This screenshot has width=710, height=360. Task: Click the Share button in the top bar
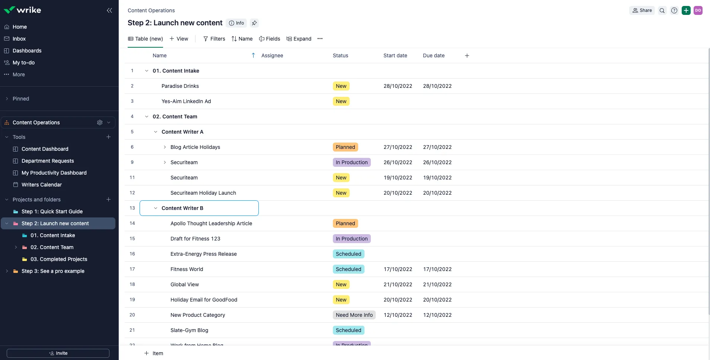coord(642,10)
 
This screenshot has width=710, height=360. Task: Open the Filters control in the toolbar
coord(214,39)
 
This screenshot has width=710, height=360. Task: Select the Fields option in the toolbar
coord(270,39)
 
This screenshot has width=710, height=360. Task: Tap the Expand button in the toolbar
coord(299,39)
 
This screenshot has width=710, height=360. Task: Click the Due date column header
coord(434,55)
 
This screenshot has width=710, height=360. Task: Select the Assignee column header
coord(272,55)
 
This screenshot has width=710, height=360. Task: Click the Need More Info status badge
coord(354,315)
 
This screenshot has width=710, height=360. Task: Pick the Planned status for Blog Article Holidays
coord(346,147)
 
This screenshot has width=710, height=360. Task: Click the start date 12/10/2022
coord(398,315)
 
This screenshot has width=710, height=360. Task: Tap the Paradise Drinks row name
coord(180,86)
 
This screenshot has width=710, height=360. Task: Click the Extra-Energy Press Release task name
coord(204,254)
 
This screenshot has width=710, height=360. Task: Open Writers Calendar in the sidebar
coord(42,185)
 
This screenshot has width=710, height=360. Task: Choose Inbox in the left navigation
coord(19,39)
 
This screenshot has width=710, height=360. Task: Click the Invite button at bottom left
coord(58,353)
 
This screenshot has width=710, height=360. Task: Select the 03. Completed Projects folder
coord(59,259)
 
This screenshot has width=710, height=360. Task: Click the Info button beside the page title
coord(236,23)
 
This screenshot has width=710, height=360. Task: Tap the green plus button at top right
coord(686,10)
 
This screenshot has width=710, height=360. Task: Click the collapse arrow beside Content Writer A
coord(156,132)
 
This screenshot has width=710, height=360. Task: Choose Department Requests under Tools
coord(48,161)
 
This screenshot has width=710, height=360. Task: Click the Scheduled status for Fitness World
coord(348,269)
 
